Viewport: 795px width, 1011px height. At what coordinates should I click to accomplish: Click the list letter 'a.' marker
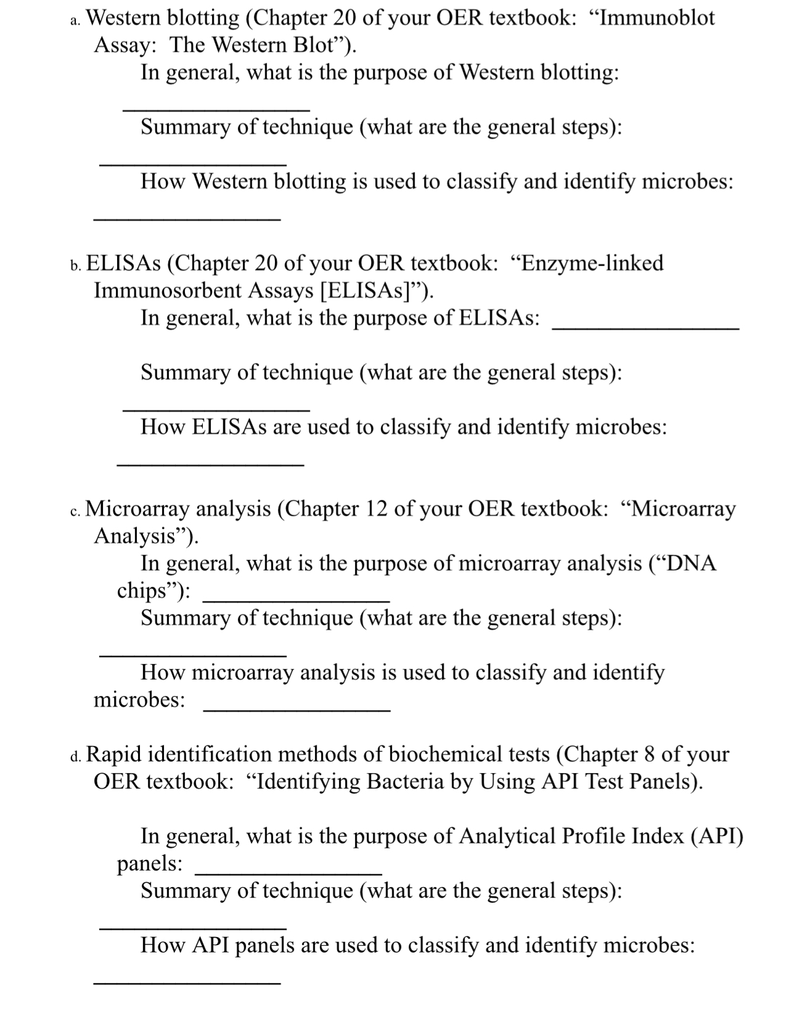coord(75,22)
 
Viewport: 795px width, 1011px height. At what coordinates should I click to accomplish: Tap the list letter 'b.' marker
coord(75,266)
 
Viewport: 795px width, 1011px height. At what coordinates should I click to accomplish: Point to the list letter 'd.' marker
coord(75,757)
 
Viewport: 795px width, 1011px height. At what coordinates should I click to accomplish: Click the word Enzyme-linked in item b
coord(590,264)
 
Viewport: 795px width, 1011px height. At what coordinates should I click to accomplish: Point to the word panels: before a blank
coord(149,864)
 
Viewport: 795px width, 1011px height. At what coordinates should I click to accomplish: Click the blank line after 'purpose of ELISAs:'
coord(645,330)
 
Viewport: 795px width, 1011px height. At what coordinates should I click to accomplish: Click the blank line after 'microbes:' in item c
coord(296,711)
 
